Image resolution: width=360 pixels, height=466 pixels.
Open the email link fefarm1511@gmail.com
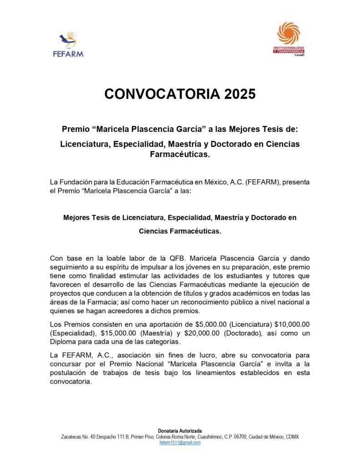click(x=180, y=442)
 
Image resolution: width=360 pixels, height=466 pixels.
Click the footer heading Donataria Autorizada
click(x=180, y=431)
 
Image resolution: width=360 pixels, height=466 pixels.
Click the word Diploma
click(x=64, y=341)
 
